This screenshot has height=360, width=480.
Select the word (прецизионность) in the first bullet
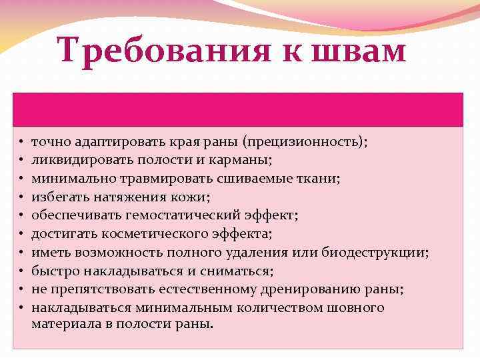pos(305,141)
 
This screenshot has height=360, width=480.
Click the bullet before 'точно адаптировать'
pos(21,142)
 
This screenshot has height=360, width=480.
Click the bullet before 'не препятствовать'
pos(21,290)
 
